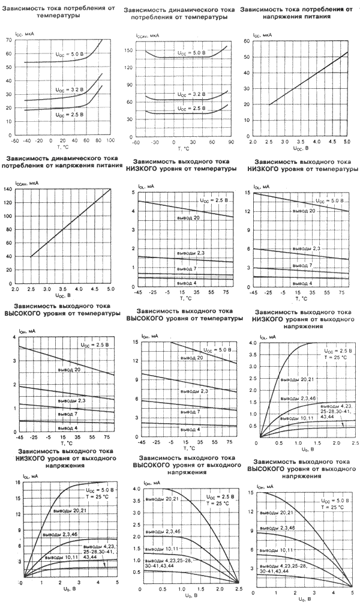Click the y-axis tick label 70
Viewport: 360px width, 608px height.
click(8, 40)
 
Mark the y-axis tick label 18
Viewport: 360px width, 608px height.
click(9, 483)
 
